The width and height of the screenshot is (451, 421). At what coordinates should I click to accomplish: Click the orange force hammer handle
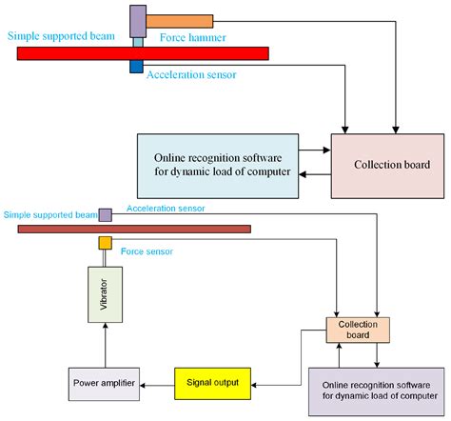click(x=180, y=19)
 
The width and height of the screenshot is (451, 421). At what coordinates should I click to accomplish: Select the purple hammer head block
click(x=138, y=19)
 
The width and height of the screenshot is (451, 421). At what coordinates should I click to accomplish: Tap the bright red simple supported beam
click(x=142, y=52)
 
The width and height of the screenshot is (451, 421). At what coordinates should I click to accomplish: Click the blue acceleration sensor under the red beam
click(x=137, y=67)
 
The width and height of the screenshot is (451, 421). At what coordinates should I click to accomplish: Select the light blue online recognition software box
click(x=216, y=164)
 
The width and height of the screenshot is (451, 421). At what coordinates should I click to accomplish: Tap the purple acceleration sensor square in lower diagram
click(x=105, y=214)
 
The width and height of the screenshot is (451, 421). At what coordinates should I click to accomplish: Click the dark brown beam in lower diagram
click(x=134, y=229)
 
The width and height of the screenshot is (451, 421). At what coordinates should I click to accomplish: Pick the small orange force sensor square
click(x=106, y=244)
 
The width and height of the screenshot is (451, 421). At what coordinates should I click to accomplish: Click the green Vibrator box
click(x=105, y=291)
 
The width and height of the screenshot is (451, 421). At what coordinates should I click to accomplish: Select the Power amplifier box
click(x=105, y=383)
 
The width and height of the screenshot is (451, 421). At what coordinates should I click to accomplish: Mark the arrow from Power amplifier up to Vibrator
click(x=105, y=343)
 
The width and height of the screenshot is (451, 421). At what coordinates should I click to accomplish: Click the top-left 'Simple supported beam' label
click(x=62, y=37)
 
